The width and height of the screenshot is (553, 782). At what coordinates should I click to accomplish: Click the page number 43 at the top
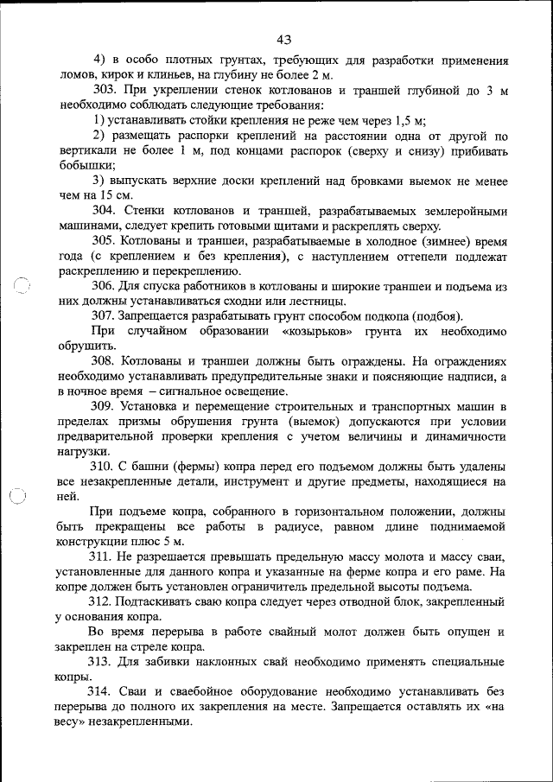(x=284, y=39)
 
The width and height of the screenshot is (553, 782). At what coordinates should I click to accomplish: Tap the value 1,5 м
(x=408, y=120)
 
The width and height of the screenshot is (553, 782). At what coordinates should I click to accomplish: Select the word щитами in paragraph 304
(x=251, y=225)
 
